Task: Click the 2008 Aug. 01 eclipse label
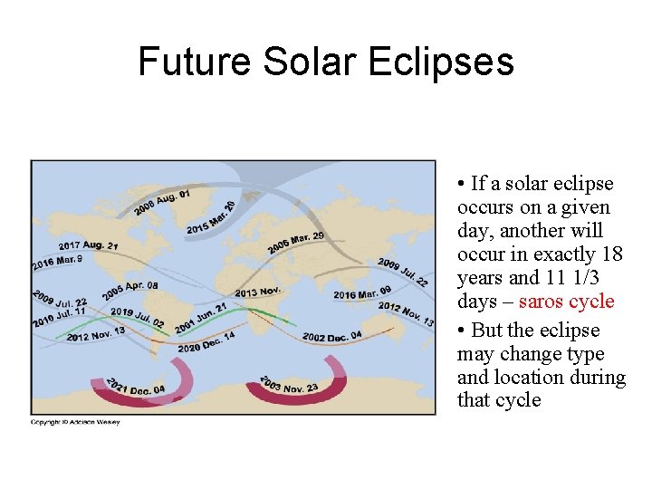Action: click(x=163, y=202)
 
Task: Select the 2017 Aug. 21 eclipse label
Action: click(x=88, y=246)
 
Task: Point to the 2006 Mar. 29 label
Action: click(x=295, y=242)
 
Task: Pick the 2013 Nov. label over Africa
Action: click(x=258, y=292)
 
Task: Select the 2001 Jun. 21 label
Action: click(x=200, y=318)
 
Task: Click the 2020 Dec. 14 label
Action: click(x=206, y=342)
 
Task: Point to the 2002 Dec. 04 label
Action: click(x=332, y=337)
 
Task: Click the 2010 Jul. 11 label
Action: click(x=60, y=318)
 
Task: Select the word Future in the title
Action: click(x=192, y=62)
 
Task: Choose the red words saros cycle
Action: click(x=566, y=302)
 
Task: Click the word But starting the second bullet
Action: click(x=490, y=331)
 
